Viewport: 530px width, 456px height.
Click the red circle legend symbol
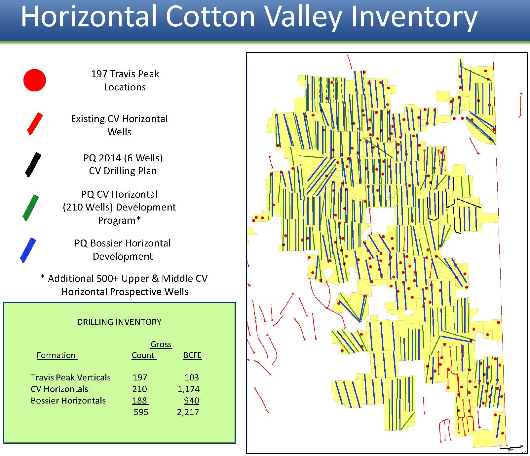point(34,80)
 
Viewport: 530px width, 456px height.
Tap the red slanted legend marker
point(35,124)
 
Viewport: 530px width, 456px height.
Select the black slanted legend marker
point(33,165)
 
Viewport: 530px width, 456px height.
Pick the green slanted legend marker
point(31,208)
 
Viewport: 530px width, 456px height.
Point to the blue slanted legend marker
point(28,250)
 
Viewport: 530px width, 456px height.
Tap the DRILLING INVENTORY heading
point(119,322)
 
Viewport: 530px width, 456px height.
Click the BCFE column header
point(192,355)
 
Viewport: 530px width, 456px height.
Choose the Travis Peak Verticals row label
point(71,377)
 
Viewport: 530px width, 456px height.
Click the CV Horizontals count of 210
point(139,389)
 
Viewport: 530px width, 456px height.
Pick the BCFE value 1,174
point(189,389)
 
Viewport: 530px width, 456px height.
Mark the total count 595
point(141,412)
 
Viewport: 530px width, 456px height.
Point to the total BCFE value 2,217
point(188,412)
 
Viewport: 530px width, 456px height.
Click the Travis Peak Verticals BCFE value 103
point(192,377)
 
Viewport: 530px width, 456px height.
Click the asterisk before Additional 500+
point(42,277)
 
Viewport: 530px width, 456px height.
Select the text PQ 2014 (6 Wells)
point(123,158)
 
